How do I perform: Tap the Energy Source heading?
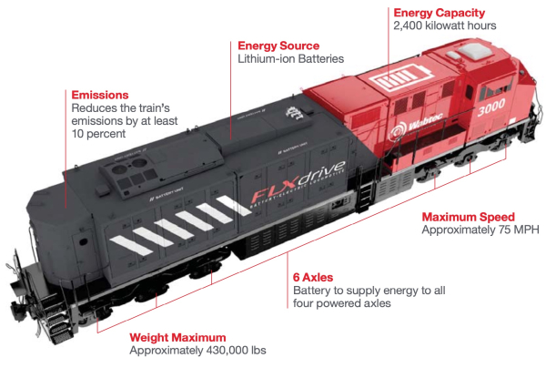278,45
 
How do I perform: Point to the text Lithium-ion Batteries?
290,59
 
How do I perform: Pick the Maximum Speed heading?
468,217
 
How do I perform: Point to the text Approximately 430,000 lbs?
198,350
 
